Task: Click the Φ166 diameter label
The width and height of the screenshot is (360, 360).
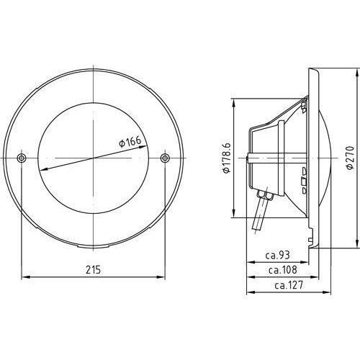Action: coord(130,142)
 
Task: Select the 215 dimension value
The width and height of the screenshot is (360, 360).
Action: coord(94,270)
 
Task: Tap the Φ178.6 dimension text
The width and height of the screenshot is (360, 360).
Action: coord(227,158)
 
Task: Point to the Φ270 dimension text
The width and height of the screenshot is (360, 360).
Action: coord(350,158)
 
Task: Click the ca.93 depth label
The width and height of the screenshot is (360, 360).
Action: coord(278,255)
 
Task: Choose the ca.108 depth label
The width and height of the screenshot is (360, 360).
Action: coord(283,270)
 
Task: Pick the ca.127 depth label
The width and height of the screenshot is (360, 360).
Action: coord(289,285)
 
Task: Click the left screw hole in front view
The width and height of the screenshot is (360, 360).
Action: coord(22,158)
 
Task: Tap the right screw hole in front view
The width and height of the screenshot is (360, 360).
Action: coord(165,158)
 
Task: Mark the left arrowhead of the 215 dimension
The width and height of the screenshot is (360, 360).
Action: coord(25,277)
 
